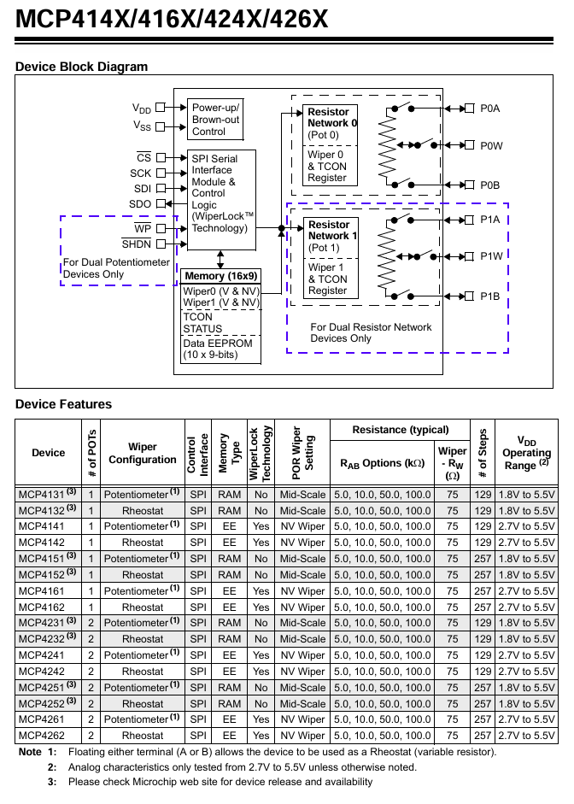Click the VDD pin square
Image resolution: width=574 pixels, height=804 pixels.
[x=161, y=107]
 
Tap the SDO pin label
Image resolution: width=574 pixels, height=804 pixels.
[x=140, y=204]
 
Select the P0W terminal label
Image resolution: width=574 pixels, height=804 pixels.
[x=491, y=146]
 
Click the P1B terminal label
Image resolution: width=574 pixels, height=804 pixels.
[x=489, y=296]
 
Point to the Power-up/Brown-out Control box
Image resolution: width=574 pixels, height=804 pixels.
[x=215, y=120]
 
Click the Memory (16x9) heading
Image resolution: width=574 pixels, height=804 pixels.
[x=221, y=276]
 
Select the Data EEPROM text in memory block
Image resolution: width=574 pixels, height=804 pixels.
[x=218, y=343]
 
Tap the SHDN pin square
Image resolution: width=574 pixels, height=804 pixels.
[x=161, y=244]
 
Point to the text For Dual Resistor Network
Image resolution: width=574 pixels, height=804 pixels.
[x=371, y=327]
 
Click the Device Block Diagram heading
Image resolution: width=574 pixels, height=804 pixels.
[x=81, y=67]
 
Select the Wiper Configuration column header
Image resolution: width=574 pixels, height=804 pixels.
[x=143, y=454]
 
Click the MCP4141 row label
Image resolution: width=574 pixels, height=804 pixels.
[x=42, y=526]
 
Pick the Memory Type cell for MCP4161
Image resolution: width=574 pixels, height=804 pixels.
[x=229, y=591]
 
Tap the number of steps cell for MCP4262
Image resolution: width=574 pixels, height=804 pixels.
[x=483, y=736]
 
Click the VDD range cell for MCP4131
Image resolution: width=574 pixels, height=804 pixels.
[x=526, y=495]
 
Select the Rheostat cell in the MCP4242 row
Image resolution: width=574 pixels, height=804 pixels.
[x=143, y=672]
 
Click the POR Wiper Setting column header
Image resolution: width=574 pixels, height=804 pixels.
[x=302, y=453]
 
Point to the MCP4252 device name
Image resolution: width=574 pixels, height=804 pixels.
[x=42, y=704]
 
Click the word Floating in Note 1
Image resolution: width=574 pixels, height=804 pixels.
[x=87, y=752]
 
